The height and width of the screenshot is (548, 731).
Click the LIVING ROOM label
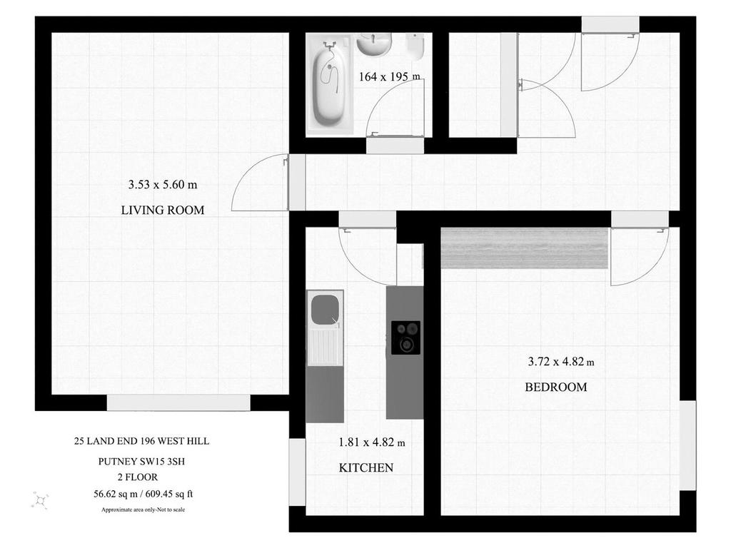[x=163, y=210]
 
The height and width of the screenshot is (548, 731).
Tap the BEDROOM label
[x=555, y=387]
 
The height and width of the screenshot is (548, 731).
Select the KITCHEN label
[x=366, y=467]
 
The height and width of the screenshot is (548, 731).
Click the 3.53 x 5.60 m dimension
[x=163, y=185]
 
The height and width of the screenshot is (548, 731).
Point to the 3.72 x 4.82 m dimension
[x=561, y=361]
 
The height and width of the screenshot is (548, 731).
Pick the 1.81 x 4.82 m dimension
[x=371, y=442]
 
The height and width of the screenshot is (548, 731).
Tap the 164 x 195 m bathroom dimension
[x=389, y=76]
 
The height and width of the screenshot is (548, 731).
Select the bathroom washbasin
[x=374, y=44]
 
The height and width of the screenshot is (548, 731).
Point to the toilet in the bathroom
[x=415, y=46]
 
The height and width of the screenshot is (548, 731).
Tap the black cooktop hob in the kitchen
[x=405, y=338]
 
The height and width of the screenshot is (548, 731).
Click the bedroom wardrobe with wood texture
[x=525, y=248]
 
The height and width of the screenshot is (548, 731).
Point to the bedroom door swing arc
[x=657, y=269]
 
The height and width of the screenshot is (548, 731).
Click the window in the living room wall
[x=178, y=403]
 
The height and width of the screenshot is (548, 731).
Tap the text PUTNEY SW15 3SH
[x=141, y=462]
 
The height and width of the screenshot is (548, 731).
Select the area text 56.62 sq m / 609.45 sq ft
[x=143, y=494]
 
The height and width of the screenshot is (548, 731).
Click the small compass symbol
[x=40, y=500]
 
